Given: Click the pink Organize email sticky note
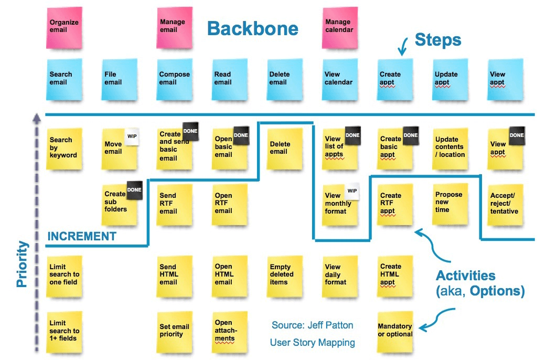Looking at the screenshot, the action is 65,28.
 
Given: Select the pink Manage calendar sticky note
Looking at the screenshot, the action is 339,28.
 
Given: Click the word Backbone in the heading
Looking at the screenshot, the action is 253,28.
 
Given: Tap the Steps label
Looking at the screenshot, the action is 438,39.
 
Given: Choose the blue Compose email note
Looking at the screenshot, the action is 175,80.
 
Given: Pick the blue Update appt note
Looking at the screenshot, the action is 450,80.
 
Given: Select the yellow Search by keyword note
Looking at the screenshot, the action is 65,149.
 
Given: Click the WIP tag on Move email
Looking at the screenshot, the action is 132,136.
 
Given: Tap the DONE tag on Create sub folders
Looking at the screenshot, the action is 134,190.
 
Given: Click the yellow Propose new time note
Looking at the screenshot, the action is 450,204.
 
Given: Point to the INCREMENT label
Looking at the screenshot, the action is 82,236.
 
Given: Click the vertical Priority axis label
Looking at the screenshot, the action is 22,264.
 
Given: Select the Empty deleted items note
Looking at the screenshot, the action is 285,276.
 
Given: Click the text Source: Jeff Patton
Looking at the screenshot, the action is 312,325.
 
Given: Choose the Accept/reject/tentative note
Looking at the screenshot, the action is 505,205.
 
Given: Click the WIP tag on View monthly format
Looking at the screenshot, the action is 352,191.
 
